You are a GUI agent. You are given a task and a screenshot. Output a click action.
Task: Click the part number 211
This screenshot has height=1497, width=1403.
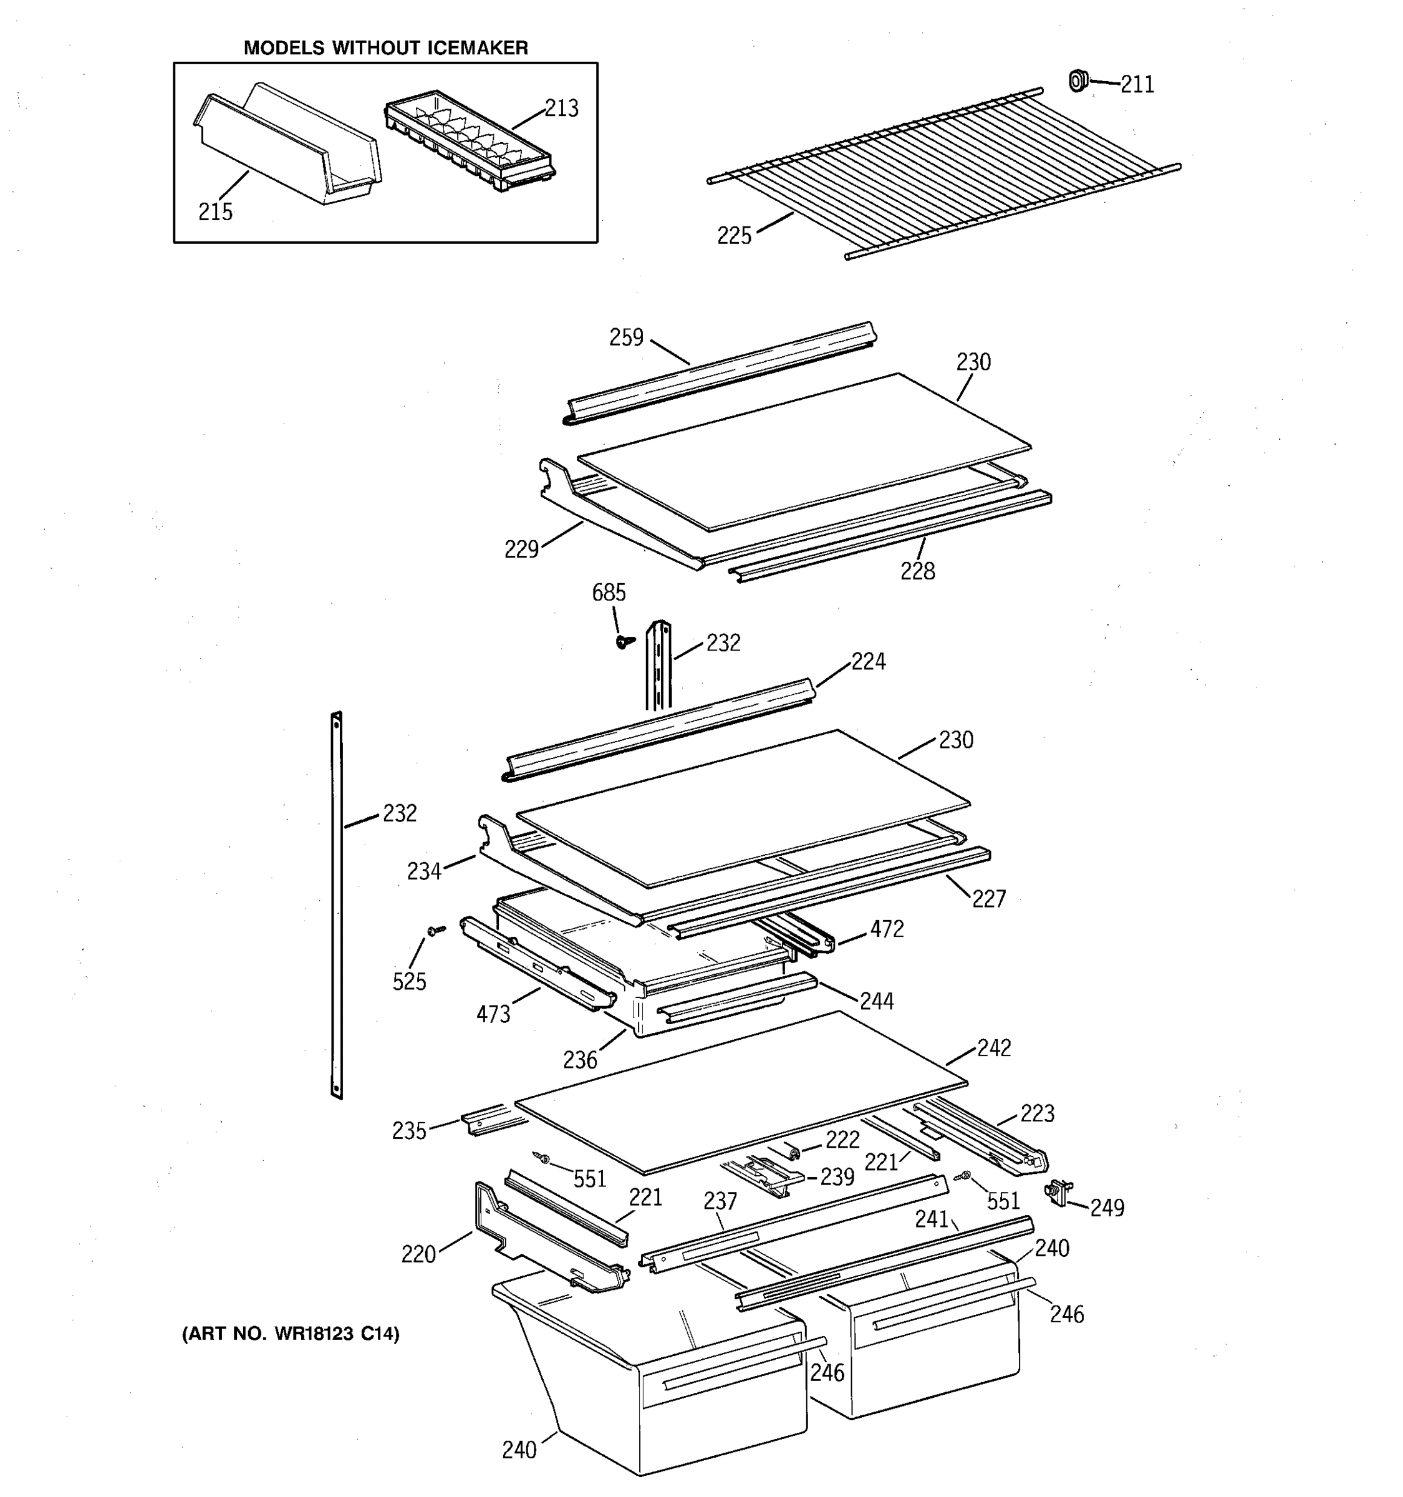[x=1137, y=84]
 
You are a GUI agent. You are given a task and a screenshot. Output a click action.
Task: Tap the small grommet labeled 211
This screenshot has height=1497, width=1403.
[x=1079, y=80]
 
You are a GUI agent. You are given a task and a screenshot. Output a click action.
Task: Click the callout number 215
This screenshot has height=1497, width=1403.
[x=215, y=212]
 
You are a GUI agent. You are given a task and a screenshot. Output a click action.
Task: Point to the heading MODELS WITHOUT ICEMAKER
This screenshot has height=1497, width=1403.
[x=385, y=48]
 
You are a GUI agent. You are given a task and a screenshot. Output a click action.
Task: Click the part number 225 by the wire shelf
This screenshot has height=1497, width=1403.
[x=734, y=236]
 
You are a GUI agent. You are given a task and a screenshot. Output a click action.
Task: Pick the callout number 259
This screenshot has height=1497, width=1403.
[x=626, y=337]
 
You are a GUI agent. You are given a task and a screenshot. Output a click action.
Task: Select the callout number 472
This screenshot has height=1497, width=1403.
[x=887, y=929]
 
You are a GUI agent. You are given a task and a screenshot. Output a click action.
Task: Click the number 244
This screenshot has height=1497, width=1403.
[x=877, y=1000]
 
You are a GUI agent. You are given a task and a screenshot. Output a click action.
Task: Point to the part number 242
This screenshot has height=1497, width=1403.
[x=993, y=1047]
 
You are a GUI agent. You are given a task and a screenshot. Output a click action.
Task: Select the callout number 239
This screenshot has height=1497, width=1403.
[x=837, y=1177]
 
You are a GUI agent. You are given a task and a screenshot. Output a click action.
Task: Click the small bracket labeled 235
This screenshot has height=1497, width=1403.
[x=482, y=1118]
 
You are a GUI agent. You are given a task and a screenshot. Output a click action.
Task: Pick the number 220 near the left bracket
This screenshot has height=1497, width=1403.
[x=418, y=1254]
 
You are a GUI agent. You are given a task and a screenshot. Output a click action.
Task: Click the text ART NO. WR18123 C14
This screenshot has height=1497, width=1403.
[x=291, y=1334]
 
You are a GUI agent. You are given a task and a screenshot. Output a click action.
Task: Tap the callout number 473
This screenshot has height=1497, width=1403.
[x=493, y=1014]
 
